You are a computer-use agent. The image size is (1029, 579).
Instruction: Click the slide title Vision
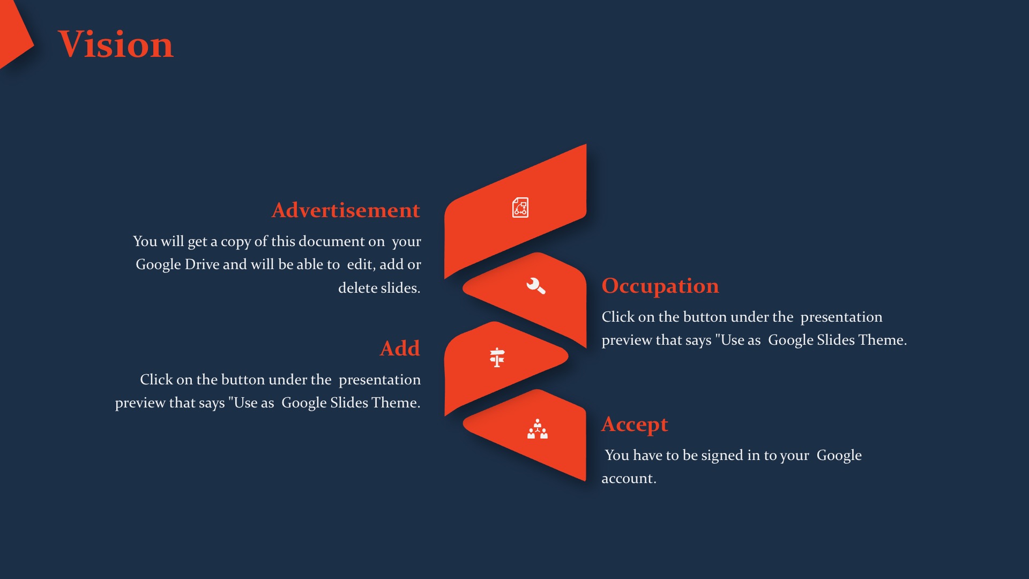116,44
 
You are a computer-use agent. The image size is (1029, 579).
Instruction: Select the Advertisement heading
346,210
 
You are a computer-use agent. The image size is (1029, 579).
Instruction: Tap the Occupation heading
660,286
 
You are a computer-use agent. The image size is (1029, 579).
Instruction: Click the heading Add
400,348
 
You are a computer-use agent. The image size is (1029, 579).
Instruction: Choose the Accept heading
635,425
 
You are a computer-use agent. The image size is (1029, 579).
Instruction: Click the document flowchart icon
520,207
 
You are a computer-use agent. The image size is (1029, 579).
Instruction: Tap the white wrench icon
535,286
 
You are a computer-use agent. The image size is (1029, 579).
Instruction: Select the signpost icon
497,357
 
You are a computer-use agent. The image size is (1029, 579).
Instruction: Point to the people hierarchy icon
538,429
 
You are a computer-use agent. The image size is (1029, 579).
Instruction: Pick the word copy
236,242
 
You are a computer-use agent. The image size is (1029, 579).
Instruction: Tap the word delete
355,288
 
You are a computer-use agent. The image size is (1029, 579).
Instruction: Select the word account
629,479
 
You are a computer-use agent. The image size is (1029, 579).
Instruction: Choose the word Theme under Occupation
882,340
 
